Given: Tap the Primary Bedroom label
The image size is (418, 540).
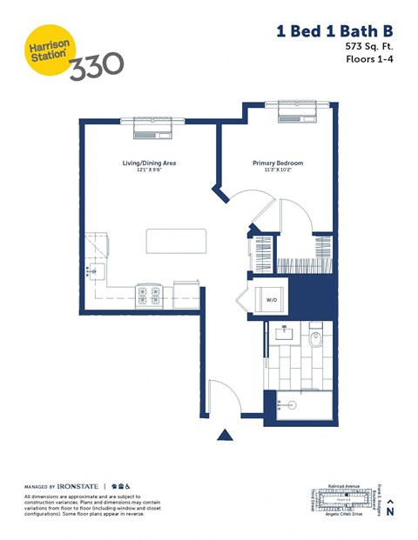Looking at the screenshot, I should (x=278, y=163).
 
